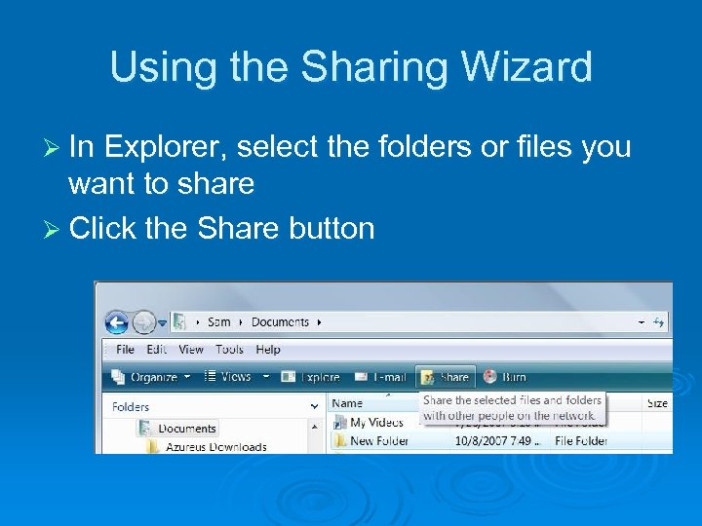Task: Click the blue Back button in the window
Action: pyautogui.click(x=117, y=322)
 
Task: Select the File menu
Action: pyautogui.click(x=125, y=350)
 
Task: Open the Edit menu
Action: pyautogui.click(x=156, y=350)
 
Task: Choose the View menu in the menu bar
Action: pyautogui.click(x=191, y=350)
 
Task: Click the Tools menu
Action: pyautogui.click(x=229, y=350)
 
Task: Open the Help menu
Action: pyautogui.click(x=267, y=350)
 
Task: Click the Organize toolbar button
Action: pyautogui.click(x=145, y=377)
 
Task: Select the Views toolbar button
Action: pyautogui.click(x=229, y=377)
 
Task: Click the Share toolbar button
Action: pyautogui.click(x=447, y=377)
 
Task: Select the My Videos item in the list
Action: pyautogui.click(x=375, y=422)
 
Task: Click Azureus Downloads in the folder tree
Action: pyautogui.click(x=215, y=447)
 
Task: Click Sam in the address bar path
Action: pyautogui.click(x=219, y=322)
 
